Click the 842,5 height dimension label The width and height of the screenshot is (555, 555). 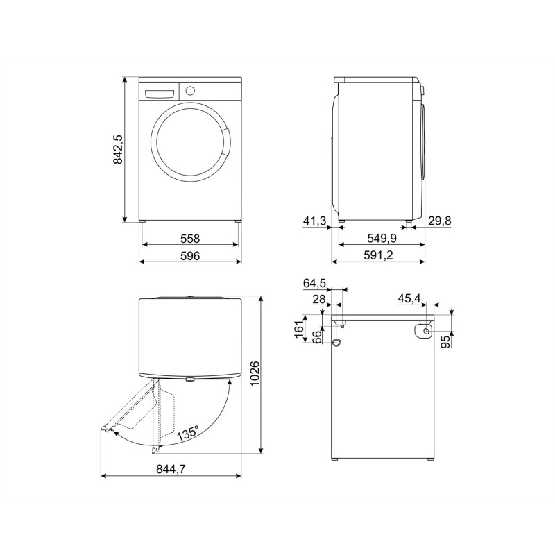[118, 149]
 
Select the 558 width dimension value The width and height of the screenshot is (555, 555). [190, 239]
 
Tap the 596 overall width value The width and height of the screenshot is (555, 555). [190, 255]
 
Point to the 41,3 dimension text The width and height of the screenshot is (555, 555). [314, 221]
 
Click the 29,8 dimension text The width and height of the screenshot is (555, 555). [440, 221]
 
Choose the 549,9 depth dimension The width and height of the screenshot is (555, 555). [382, 238]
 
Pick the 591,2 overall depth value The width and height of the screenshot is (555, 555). [378, 255]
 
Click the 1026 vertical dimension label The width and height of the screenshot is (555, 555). [255, 374]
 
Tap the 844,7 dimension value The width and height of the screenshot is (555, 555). [171, 469]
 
